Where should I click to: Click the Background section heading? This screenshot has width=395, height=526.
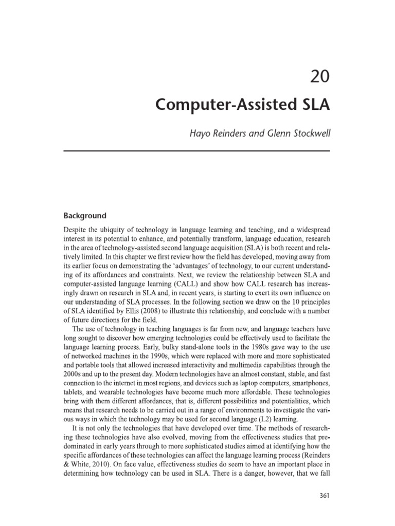click(x=84, y=216)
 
